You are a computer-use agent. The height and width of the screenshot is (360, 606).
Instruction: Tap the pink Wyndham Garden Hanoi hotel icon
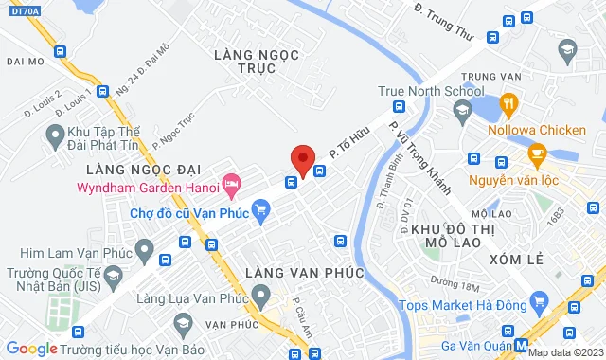click(228, 181)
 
